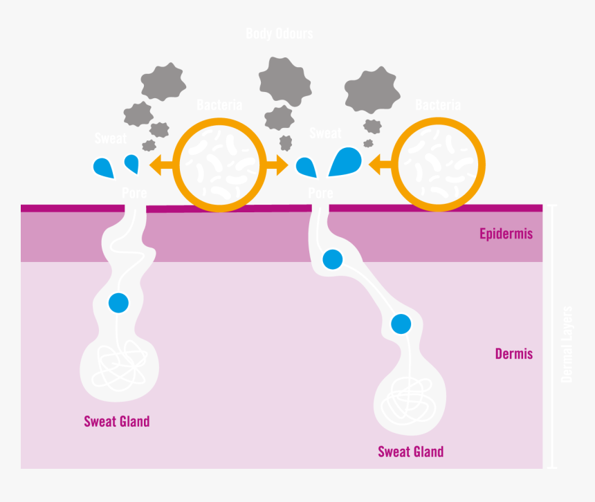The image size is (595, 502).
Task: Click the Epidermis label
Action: click(x=506, y=234)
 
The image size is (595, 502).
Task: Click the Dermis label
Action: click(x=513, y=354)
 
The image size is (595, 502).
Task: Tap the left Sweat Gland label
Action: click(x=116, y=421)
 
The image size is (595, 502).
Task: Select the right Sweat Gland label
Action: click(x=410, y=452)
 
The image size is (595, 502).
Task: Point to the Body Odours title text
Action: click(x=280, y=33)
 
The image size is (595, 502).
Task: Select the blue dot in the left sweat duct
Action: click(x=118, y=303)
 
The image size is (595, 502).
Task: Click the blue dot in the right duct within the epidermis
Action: click(x=332, y=259)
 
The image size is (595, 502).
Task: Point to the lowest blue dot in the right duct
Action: click(x=401, y=324)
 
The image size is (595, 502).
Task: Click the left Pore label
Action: click(x=134, y=192)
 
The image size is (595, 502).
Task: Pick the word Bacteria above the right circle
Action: click(x=437, y=105)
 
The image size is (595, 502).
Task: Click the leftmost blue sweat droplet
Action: click(x=103, y=167)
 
